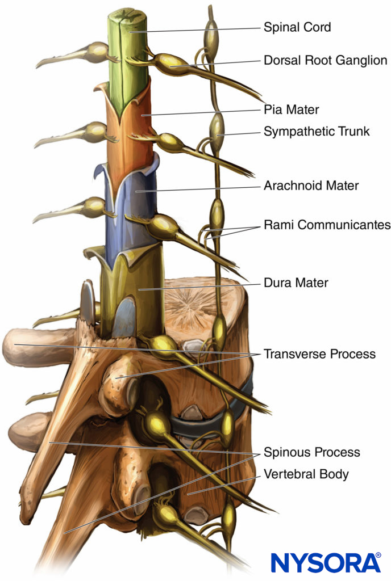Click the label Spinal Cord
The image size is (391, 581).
297,27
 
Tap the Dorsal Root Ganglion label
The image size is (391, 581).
325,60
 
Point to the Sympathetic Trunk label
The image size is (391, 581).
317,132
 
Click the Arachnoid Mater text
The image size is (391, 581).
311,185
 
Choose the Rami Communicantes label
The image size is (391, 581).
327,225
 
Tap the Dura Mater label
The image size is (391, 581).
296,282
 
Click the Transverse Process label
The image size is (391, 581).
319,354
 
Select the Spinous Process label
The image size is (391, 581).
311,452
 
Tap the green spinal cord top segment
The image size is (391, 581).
128,57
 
